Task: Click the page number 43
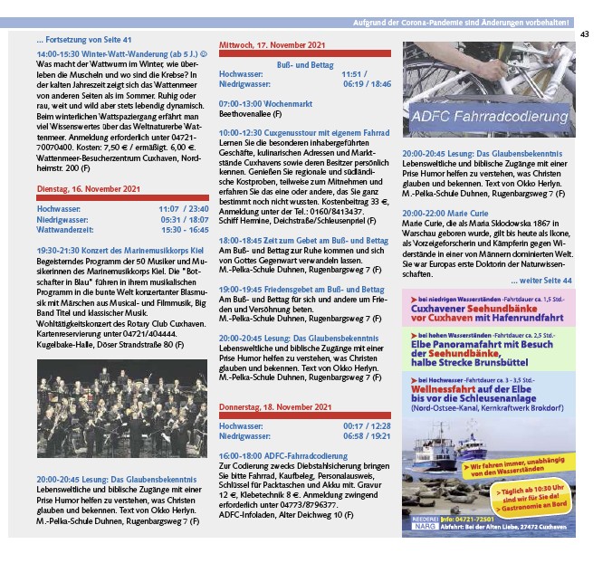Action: [585, 34]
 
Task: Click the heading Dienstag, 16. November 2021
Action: [89, 188]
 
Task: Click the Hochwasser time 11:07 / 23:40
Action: [185, 208]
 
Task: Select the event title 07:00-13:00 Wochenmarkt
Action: [263, 104]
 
